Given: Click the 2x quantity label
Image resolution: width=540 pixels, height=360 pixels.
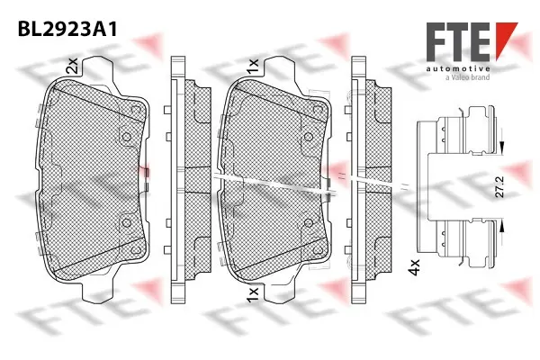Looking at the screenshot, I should (71, 65).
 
